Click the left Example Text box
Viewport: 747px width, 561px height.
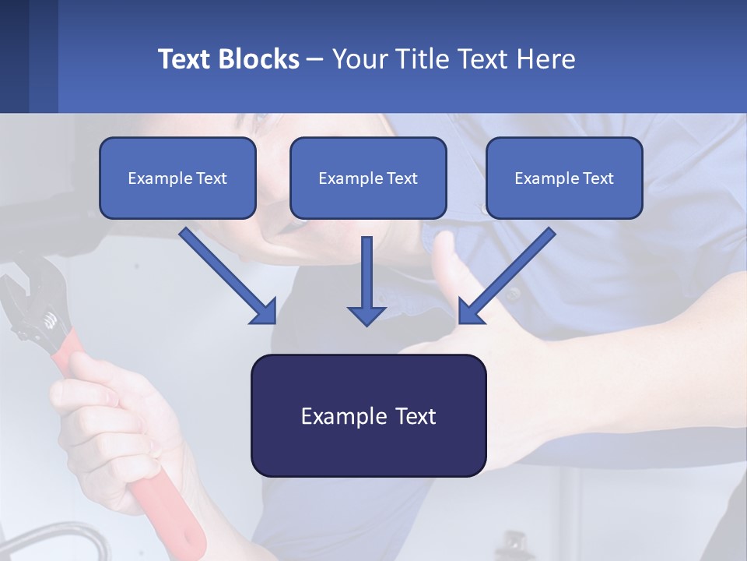177,178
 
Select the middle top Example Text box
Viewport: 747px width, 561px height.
368,178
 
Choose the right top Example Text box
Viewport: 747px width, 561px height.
564,178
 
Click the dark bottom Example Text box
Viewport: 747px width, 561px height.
368,415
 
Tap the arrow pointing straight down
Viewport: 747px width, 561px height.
366,280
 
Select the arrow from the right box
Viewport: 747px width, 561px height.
507,275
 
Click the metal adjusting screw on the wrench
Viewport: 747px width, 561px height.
51,319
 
